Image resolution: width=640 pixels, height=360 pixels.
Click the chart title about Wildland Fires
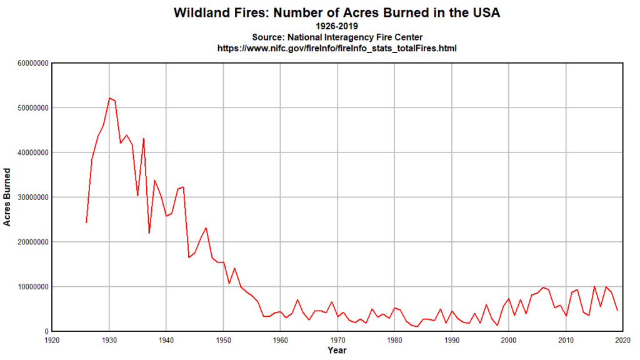[337, 12]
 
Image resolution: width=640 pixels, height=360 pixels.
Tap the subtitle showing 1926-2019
[337, 26]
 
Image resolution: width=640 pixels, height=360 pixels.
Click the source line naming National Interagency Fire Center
[337, 37]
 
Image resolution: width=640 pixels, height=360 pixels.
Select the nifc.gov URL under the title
[337, 47]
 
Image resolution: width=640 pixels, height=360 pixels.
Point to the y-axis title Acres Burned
[7, 197]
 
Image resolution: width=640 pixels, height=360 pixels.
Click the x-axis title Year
[337, 351]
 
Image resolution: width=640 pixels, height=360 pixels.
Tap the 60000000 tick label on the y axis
[27, 63]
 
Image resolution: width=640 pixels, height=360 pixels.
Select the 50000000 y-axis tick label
[27, 107]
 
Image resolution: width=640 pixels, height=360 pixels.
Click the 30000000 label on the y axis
[27, 197]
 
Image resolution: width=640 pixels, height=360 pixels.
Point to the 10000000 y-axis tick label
[27, 287]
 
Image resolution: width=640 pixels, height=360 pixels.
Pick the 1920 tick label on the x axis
[52, 340]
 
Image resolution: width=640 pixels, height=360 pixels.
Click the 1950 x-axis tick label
[223, 340]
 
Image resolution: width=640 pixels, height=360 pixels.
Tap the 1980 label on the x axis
[394, 340]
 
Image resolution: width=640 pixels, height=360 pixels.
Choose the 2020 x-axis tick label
[622, 340]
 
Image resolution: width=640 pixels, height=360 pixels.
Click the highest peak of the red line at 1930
[109, 98]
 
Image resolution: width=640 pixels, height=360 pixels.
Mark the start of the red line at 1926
[86, 222]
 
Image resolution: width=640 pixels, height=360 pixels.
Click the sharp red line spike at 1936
[144, 139]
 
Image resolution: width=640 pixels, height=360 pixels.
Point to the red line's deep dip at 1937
[149, 232]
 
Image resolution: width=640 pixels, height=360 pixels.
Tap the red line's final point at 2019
[617, 310]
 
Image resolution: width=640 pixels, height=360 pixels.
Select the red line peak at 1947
[206, 228]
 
